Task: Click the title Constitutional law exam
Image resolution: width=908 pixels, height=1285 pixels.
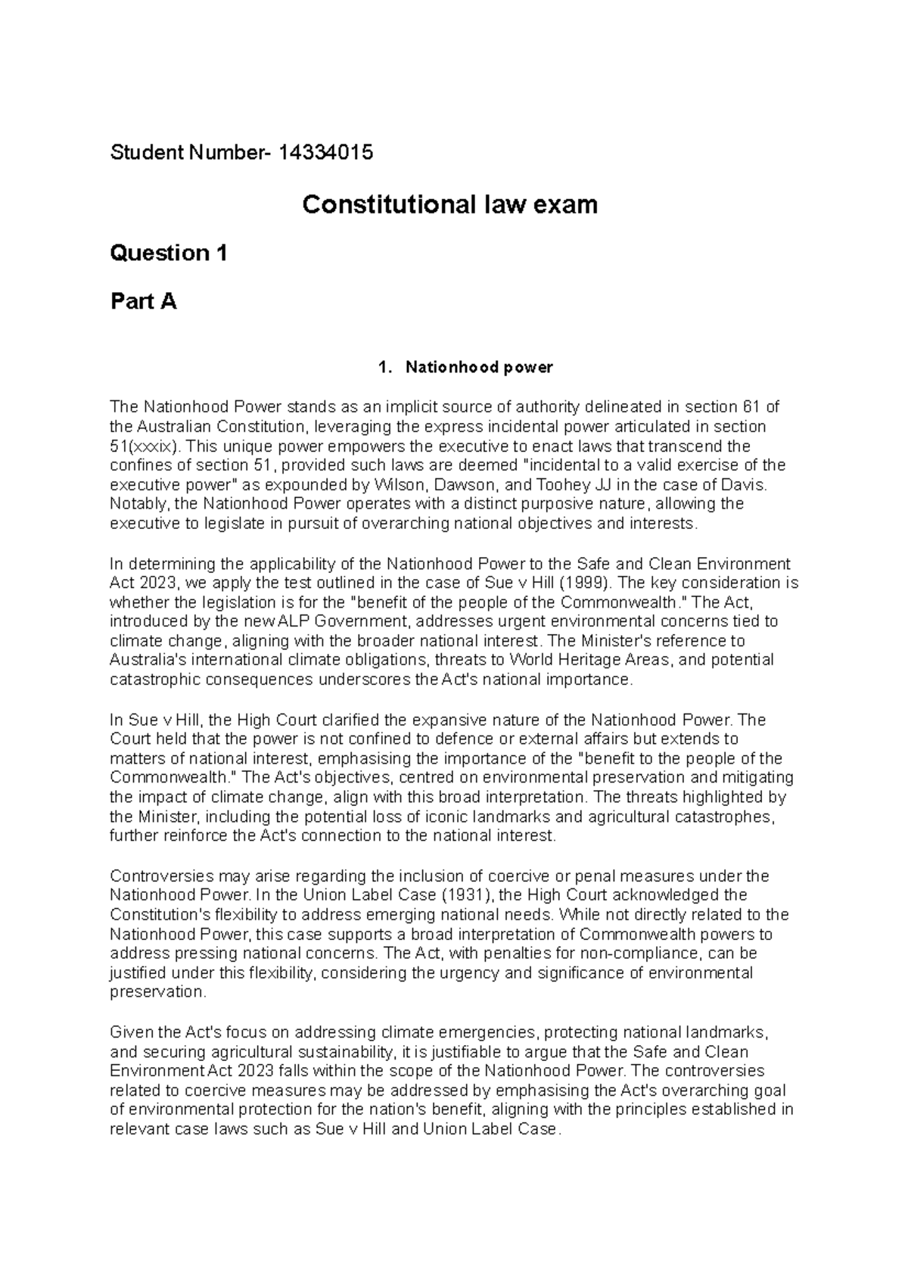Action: (449, 204)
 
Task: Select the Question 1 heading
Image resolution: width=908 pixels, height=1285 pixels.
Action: (169, 253)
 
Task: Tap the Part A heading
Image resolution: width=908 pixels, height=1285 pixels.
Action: (143, 301)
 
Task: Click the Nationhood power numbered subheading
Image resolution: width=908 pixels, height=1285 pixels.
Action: (479, 368)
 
